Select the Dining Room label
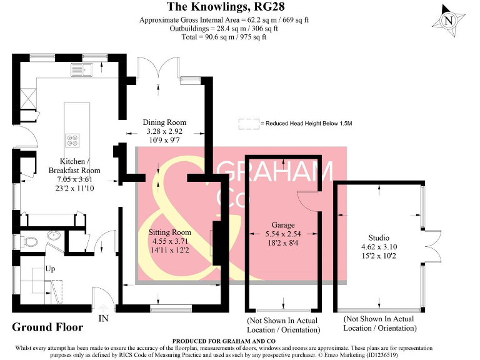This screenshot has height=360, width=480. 164,122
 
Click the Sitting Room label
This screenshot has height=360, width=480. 168,232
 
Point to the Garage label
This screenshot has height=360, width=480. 282,225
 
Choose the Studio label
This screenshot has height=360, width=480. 379,238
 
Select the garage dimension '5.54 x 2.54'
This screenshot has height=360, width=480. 282,234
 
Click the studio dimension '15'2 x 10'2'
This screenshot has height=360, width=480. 379,256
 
